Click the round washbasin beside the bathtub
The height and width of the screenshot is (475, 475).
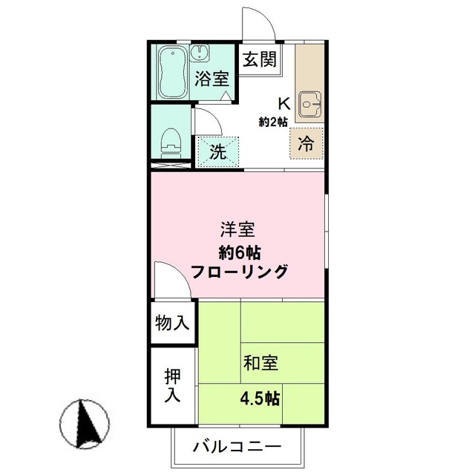pyautogui.click(x=200, y=53)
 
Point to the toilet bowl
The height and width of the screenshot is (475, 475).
pyautogui.click(x=171, y=140)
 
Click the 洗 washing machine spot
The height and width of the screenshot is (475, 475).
pyautogui.click(x=217, y=153)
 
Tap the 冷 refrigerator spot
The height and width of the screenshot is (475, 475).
pyautogui.click(x=306, y=142)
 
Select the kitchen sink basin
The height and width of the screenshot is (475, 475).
pyautogui.click(x=308, y=105)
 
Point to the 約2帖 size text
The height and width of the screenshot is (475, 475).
pyautogui.click(x=273, y=122)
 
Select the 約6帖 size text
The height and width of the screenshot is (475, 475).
pyautogui.click(x=239, y=251)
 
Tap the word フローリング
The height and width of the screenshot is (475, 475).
pyautogui.click(x=239, y=272)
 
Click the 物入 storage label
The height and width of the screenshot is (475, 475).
pyautogui.click(x=172, y=324)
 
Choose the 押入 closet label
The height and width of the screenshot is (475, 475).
pyautogui.click(x=172, y=386)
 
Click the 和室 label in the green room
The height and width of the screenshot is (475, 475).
pyautogui.click(x=261, y=364)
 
